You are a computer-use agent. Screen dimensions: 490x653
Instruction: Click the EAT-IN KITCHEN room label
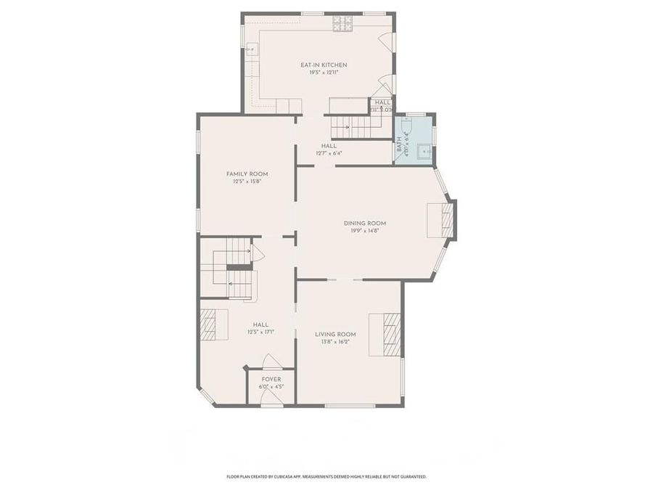click(x=319, y=65)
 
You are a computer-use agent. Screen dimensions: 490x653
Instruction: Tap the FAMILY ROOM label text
click(x=247, y=173)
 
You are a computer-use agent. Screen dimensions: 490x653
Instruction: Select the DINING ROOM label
click(x=364, y=223)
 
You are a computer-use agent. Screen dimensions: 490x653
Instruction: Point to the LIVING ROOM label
click(x=335, y=334)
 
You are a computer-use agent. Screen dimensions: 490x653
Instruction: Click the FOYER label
click(x=271, y=379)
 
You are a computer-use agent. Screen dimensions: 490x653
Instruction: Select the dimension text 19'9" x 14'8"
click(x=364, y=231)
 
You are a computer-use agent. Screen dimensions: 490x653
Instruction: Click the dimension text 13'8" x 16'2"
click(x=335, y=342)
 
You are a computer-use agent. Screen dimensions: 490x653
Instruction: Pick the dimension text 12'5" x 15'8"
click(x=247, y=181)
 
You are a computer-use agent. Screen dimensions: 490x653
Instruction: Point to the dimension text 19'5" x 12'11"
click(x=319, y=73)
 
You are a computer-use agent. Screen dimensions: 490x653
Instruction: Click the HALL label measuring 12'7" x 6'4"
click(x=329, y=145)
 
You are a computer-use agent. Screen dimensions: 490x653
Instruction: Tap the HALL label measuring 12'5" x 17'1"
click(x=260, y=324)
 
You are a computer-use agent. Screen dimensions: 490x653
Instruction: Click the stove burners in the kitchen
click(x=342, y=24)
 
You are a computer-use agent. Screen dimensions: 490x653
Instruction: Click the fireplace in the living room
click(x=385, y=334)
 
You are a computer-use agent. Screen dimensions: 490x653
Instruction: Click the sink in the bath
click(x=425, y=152)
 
